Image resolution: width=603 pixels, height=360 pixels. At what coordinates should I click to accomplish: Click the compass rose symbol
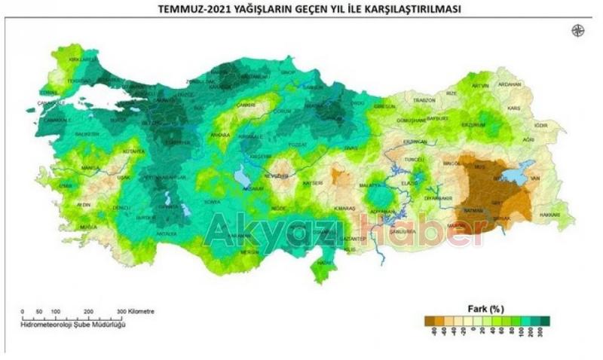(x=578, y=30)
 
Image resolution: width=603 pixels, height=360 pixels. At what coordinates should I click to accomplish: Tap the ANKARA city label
(x=220, y=135)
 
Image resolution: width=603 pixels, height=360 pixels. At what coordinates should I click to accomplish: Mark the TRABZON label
(x=424, y=100)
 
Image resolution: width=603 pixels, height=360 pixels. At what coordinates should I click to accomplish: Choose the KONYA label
(x=212, y=203)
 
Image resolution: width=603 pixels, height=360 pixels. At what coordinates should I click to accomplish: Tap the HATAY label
(x=325, y=263)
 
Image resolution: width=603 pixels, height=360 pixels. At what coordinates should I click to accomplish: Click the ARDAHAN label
(x=510, y=84)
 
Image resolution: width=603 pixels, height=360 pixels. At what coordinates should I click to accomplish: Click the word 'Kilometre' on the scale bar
(x=140, y=311)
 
